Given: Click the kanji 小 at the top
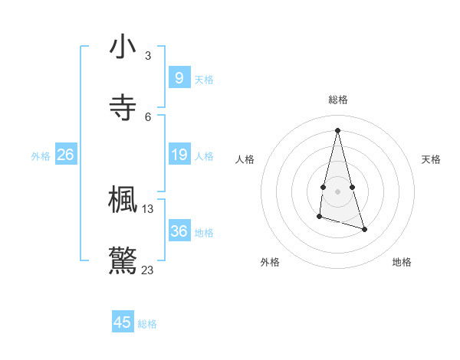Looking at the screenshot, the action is click(x=123, y=47).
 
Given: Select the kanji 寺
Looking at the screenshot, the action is click(x=123, y=108).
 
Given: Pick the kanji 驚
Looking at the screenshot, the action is click(x=123, y=260).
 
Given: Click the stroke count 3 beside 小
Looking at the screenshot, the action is click(x=148, y=56).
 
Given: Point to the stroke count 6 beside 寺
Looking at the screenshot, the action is click(x=148, y=116).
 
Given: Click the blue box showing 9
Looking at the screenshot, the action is click(x=179, y=77).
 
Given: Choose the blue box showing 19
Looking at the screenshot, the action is click(x=179, y=155).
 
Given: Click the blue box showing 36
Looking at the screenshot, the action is click(x=179, y=231).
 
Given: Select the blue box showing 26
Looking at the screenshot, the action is click(x=65, y=155).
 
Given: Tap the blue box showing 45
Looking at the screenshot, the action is click(x=123, y=322).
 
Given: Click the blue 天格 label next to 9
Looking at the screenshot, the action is click(x=204, y=79).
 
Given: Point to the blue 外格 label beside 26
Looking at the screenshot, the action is click(x=41, y=156).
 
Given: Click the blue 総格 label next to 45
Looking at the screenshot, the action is click(x=147, y=324).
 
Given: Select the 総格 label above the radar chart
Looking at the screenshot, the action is click(x=337, y=100).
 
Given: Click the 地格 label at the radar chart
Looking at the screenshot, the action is click(x=402, y=262).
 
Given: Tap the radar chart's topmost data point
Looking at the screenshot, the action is click(x=337, y=129).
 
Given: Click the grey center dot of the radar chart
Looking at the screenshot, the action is click(x=337, y=191).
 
